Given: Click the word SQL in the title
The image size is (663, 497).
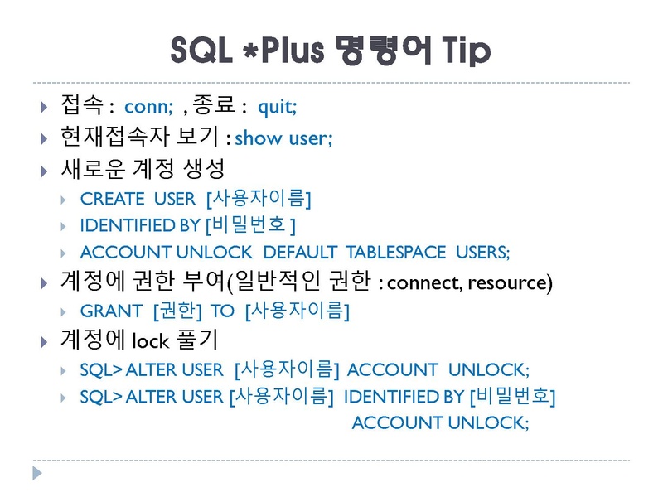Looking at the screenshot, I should click(x=200, y=51).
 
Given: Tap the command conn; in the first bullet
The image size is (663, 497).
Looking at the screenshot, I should click(x=148, y=107).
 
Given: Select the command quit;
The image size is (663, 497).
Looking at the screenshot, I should click(x=278, y=107).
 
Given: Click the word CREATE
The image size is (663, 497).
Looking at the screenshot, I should click(x=112, y=199).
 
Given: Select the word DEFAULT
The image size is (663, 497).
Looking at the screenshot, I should click(x=300, y=253).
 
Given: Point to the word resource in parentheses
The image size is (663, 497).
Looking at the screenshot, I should click(x=507, y=283).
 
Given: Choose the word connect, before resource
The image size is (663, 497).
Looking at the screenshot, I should click(x=424, y=283).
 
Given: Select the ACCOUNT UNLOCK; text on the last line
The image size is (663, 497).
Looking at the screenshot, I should click(x=439, y=422).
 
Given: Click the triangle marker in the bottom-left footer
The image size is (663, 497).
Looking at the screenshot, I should click(x=36, y=473).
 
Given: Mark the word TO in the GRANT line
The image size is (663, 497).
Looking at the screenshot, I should click(x=222, y=311).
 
